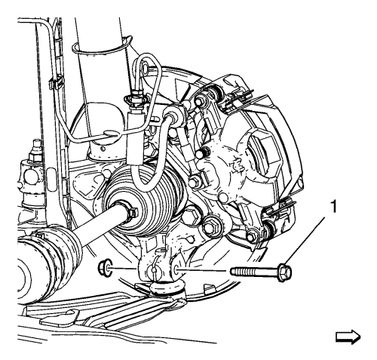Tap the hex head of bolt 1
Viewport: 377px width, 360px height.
(285, 272)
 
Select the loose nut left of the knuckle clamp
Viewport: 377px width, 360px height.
(103, 268)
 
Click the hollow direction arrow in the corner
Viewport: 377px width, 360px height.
(348, 337)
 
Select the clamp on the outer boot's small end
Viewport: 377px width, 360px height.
(130, 212)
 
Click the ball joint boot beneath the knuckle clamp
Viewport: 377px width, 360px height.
(167, 288)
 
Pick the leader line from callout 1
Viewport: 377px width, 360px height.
(305, 241)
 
